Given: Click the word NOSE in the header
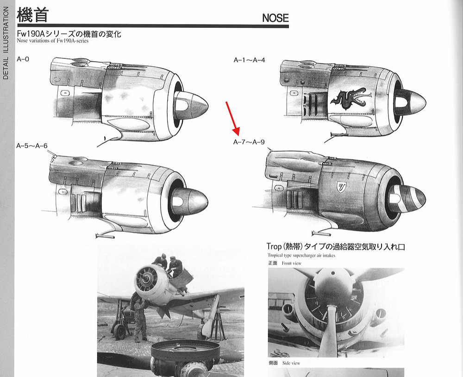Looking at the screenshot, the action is [275, 18].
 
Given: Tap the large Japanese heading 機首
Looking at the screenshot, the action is [32, 15].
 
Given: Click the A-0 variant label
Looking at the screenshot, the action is [23, 59].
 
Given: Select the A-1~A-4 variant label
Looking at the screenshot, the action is [249, 60].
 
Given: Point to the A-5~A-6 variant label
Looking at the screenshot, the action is [32, 146].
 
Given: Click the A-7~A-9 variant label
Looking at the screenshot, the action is [249, 142].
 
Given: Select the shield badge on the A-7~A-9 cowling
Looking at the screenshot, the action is [342, 187].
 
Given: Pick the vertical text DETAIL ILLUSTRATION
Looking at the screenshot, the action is [6, 43].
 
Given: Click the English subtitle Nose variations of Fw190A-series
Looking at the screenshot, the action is [53, 41].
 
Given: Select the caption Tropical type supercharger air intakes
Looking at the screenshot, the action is [301, 256].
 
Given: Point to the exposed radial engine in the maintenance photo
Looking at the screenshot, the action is [147, 279].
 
